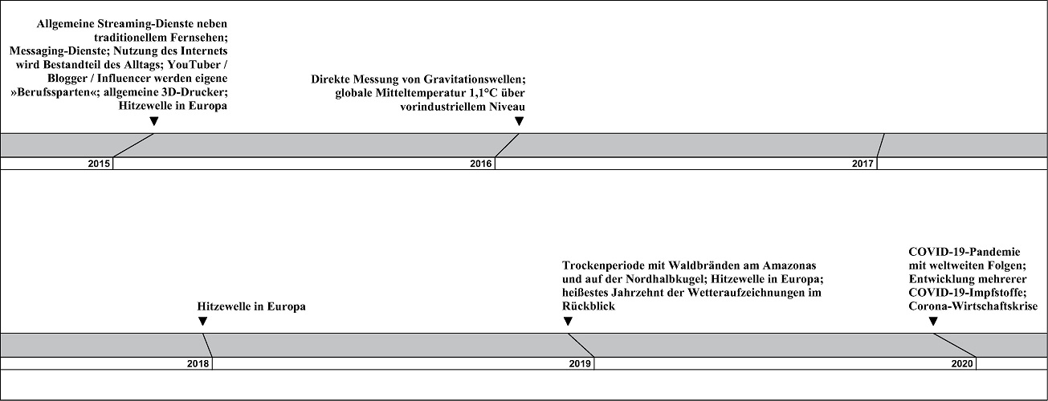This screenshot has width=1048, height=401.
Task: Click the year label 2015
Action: pos(99,164)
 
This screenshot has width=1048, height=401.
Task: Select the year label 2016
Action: pos(481,164)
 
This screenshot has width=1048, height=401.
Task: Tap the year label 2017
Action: pos(862,164)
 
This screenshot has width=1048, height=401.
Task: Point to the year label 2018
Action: pos(198,363)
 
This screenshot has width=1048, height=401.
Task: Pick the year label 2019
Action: pos(580,363)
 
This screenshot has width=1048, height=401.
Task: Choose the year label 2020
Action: pos(962,363)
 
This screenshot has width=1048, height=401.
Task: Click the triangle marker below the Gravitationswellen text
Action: pos(519,121)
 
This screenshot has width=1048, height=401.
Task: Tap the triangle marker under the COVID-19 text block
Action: pos(933,321)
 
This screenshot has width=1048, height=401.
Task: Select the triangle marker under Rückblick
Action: pos(568,321)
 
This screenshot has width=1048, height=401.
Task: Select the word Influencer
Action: pos(119,78)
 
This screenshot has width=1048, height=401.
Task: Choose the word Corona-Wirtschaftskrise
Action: pos(973,306)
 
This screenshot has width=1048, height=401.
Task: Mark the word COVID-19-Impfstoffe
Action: pos(968,293)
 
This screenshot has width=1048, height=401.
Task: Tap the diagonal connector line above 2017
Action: pos(880,145)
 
